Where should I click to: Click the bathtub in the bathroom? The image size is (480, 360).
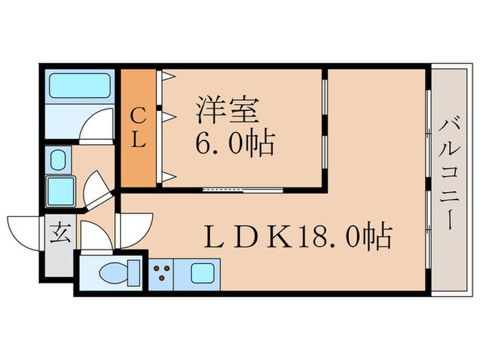coord(80,87)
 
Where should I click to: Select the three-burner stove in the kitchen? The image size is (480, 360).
coord(163,274)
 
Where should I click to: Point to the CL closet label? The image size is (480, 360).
coord(138,127)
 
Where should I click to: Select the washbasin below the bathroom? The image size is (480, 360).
coord(59,158)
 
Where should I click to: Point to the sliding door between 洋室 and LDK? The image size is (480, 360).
coord(243,188)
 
